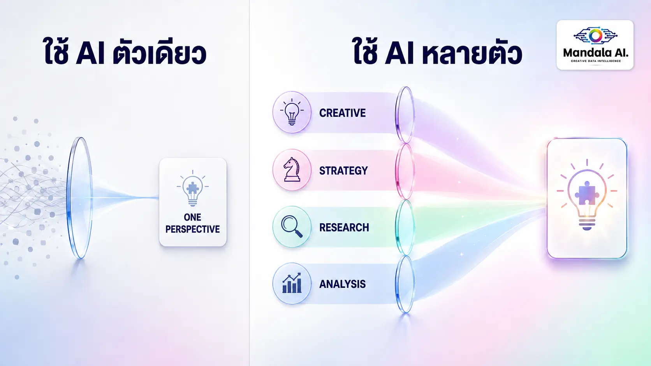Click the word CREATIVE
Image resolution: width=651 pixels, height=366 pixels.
(342, 113)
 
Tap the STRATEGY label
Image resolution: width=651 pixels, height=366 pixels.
(343, 171)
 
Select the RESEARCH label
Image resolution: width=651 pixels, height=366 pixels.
(344, 228)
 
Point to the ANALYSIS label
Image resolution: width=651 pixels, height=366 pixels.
(342, 284)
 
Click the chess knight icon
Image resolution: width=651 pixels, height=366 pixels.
(292, 170)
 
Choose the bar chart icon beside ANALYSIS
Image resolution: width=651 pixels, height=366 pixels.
(292, 283)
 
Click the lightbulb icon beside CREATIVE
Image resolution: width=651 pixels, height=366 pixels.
(292, 112)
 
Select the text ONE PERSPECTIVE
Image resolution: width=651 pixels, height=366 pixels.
(192, 223)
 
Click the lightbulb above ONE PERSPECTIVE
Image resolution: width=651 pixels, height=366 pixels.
(192, 188)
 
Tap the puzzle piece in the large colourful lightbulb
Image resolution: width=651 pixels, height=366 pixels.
(587, 193)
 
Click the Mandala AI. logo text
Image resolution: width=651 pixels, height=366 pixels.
(595, 53)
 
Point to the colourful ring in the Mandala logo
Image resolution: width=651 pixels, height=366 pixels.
(595, 35)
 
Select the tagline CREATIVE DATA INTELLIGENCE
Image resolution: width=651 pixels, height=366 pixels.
(596, 61)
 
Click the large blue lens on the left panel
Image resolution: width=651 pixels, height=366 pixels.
(79, 198)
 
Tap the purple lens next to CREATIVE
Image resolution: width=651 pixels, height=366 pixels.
(405, 115)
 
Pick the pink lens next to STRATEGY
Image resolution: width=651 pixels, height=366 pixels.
(405, 172)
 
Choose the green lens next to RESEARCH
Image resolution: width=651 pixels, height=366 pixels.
(405, 228)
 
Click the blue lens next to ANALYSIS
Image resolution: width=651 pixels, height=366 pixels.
(405, 284)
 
